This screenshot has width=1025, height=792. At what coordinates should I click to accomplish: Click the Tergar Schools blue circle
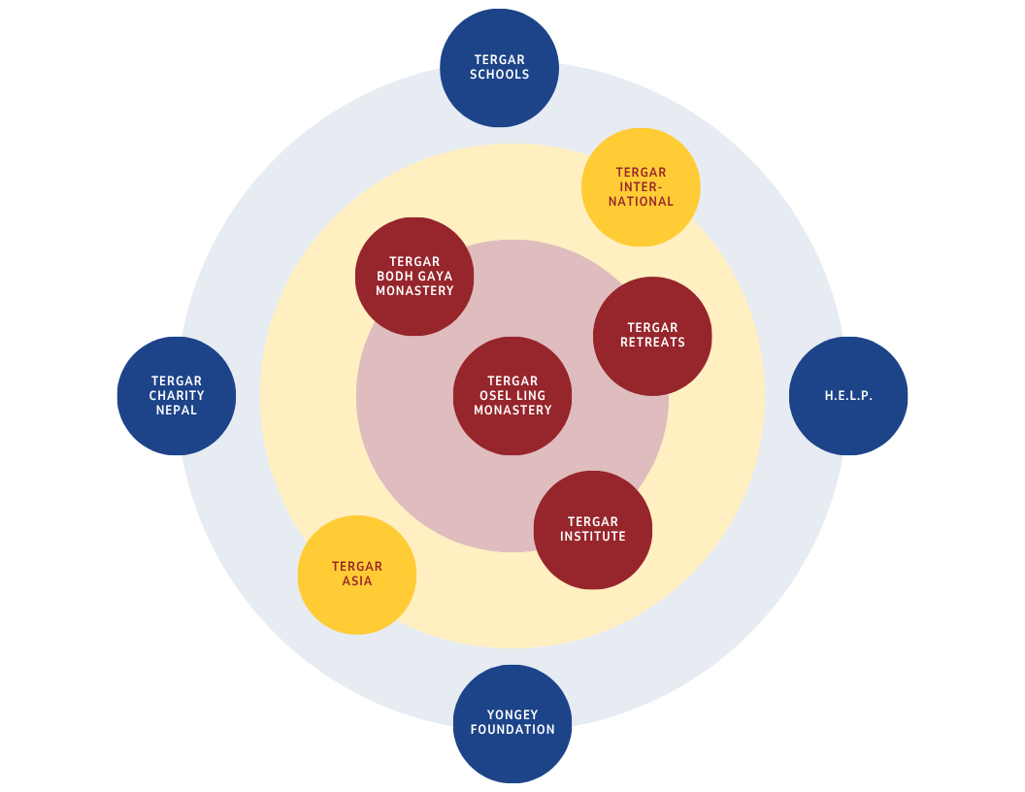click(499, 68)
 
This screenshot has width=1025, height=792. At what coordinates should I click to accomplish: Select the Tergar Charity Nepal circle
click(177, 396)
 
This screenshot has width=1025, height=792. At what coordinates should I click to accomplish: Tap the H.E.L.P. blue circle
click(848, 396)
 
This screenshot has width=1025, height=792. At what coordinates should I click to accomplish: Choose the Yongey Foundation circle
click(512, 723)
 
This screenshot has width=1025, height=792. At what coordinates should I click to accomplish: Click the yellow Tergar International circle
click(641, 187)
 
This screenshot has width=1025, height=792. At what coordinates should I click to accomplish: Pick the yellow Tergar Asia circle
click(356, 575)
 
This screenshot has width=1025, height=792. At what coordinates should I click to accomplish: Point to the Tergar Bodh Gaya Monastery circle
click(414, 277)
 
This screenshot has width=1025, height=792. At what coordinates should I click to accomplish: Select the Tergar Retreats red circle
click(652, 336)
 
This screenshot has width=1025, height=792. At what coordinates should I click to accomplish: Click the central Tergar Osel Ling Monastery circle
click(512, 396)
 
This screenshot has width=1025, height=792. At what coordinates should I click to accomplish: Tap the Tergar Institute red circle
click(593, 530)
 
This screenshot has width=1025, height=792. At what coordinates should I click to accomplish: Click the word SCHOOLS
click(499, 75)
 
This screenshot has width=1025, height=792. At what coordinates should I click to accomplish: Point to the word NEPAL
click(177, 411)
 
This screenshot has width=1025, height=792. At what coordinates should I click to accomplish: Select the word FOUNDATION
click(512, 730)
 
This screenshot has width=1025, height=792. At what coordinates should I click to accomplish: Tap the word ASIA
click(357, 581)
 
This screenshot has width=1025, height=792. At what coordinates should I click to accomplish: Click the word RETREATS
click(652, 343)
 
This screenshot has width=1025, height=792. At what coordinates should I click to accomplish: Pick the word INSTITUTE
click(593, 537)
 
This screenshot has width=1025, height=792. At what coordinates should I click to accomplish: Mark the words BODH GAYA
click(414, 277)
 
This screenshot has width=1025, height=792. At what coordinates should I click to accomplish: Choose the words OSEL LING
click(512, 396)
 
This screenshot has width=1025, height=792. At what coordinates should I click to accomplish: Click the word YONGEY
click(512, 715)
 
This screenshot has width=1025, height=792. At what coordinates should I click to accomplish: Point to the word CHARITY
click(177, 396)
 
